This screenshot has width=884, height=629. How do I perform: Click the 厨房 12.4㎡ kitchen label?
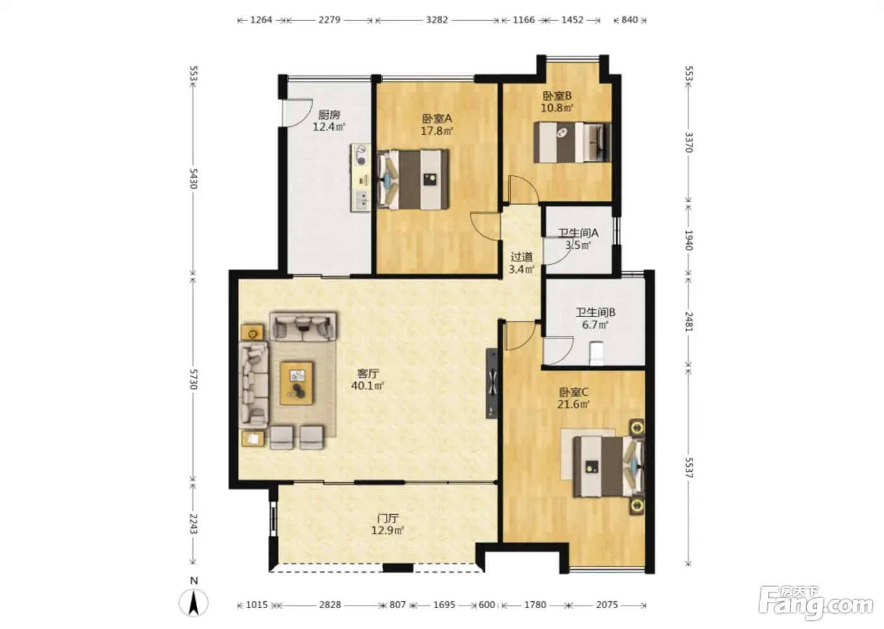329,121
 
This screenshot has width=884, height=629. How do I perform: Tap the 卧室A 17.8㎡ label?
437,124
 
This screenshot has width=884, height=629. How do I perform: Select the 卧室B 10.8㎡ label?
557,102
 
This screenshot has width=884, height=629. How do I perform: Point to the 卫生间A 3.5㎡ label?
578,239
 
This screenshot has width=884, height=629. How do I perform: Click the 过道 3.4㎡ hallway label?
522,263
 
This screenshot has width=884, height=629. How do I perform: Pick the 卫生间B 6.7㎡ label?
595,319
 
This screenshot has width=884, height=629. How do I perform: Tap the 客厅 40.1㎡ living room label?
367,380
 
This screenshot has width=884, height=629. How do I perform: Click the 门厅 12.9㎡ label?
388,524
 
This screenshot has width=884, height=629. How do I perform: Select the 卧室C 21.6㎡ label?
574,398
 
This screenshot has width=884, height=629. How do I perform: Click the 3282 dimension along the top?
437,20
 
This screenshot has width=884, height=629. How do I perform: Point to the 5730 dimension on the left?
193,379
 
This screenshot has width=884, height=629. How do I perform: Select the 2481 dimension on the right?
689,321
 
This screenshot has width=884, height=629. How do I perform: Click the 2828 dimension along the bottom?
330,604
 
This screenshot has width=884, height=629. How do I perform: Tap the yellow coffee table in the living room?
296,383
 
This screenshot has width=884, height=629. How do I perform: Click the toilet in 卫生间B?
596,353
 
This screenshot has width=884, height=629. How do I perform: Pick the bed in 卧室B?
572,143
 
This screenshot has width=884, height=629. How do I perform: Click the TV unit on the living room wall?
492,383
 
